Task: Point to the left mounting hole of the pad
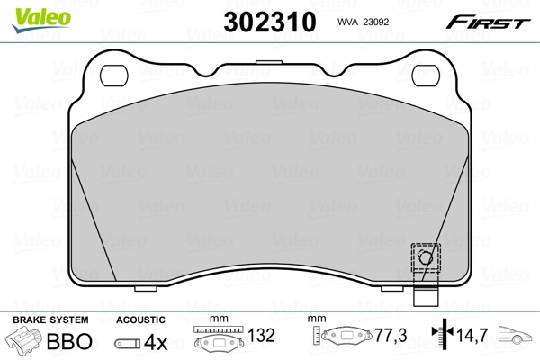coord(115,75)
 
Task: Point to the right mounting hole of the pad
coord(424,75)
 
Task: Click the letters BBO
coord(67,342)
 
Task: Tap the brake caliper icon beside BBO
coord(25,342)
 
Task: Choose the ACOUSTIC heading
coord(141,319)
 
